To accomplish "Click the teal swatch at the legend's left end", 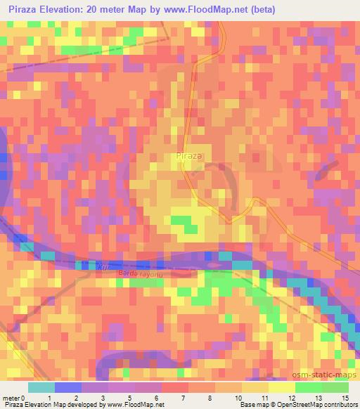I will [41, 387].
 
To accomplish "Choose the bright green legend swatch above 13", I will [307, 387].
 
